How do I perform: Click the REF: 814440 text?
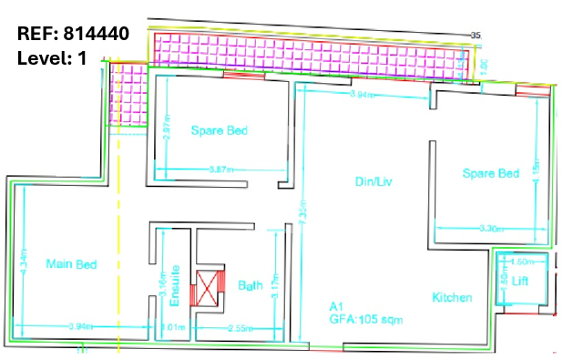pos(73,35)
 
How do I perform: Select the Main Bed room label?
pos(71,264)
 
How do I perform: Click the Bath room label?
pos(251,285)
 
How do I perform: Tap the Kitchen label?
pos(452,297)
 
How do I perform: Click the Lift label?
pos(519,281)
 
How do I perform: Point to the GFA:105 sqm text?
pos(365,320)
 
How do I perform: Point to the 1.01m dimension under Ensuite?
pos(172,326)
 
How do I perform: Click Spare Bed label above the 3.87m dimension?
pos(220,130)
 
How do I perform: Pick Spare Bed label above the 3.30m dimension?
pos(490,173)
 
